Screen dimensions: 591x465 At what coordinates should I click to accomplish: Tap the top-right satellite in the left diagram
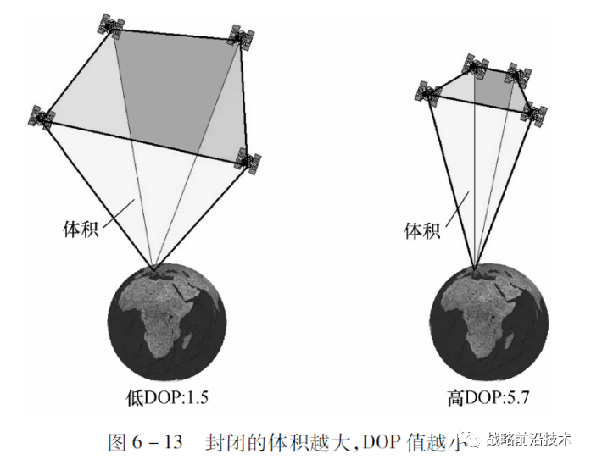[x=240, y=38]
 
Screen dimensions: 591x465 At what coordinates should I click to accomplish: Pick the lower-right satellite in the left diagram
[x=249, y=159]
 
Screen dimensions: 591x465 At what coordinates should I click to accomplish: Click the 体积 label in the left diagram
[x=81, y=229]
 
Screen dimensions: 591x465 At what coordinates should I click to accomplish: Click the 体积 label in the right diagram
[x=421, y=230]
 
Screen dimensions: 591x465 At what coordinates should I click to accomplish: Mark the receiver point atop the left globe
[x=153, y=271]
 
